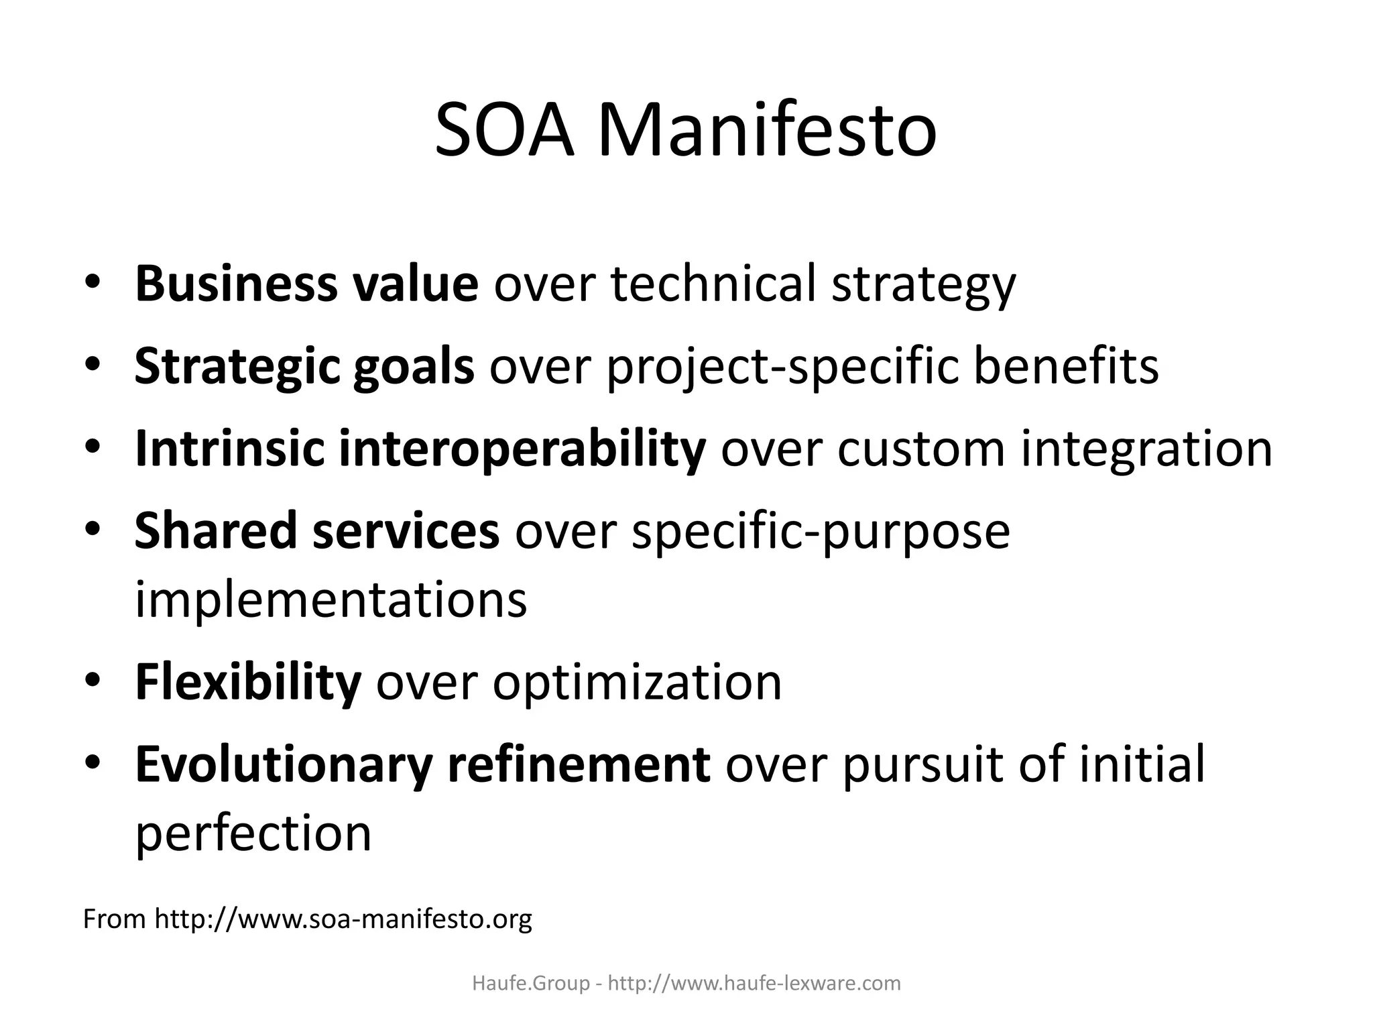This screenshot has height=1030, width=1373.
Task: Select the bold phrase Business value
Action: [306, 284]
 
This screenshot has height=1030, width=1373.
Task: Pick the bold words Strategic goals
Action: [304, 367]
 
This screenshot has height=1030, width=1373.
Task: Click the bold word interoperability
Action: [522, 449]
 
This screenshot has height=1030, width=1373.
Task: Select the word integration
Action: [1146, 449]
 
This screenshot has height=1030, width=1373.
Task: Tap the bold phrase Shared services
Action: [316, 531]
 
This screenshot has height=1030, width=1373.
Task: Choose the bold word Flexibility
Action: [248, 683]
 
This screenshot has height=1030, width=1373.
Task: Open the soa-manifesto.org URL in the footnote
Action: [343, 919]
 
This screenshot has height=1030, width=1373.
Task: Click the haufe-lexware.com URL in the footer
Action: [754, 984]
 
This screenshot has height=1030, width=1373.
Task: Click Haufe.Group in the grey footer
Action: [531, 984]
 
